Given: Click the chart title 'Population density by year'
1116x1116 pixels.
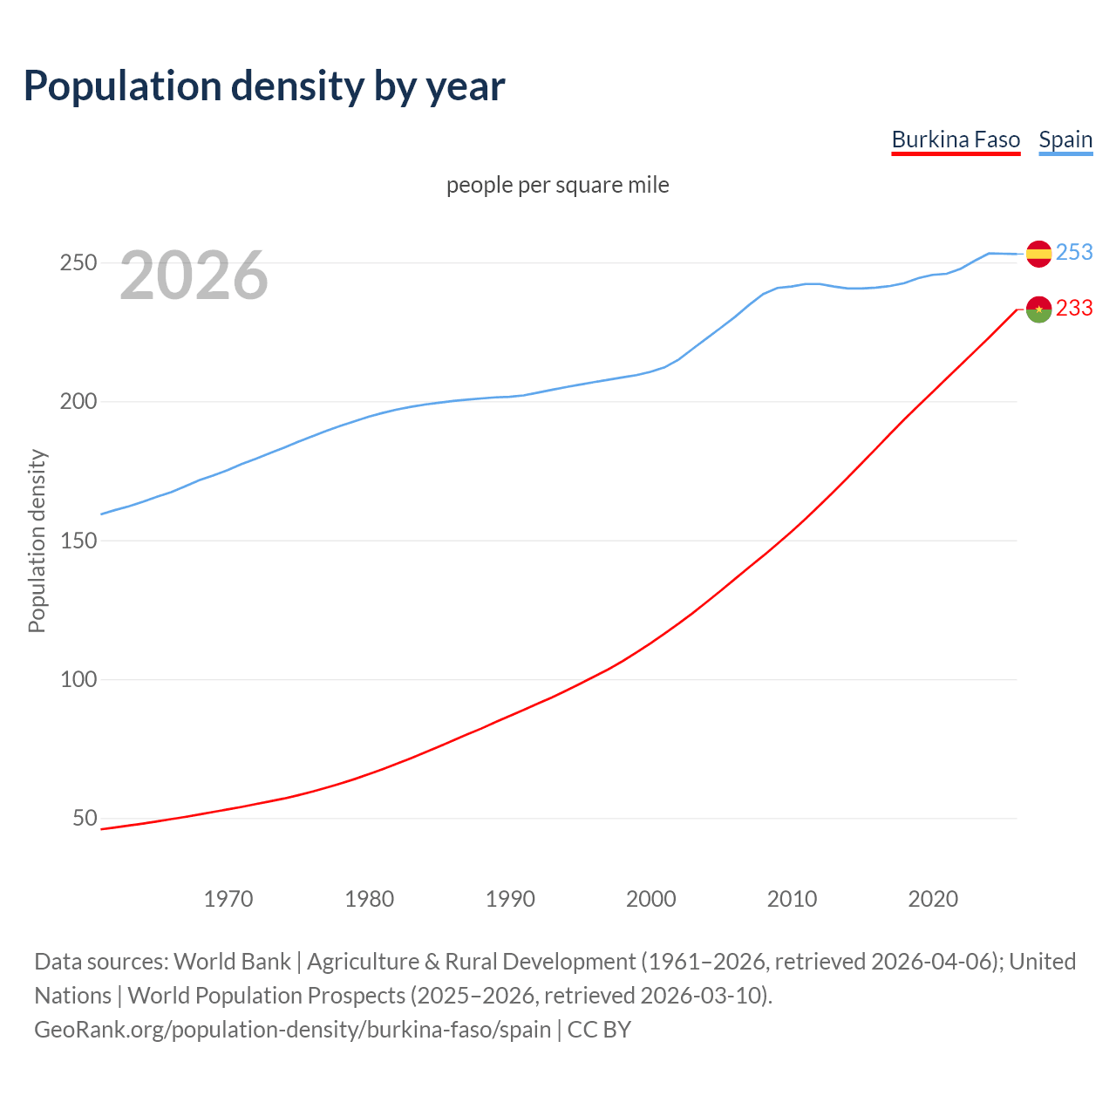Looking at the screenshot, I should click(x=264, y=85).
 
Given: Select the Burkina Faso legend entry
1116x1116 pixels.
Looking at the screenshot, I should click(x=956, y=139).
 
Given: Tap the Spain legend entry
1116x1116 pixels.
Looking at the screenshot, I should click(x=1065, y=139).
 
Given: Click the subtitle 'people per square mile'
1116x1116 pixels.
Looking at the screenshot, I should click(x=558, y=185).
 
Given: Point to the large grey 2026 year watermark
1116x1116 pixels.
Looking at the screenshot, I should click(x=194, y=276).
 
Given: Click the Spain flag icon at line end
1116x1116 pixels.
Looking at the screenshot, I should click(x=1038, y=254).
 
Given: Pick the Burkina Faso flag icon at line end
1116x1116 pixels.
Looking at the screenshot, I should click(x=1038, y=309).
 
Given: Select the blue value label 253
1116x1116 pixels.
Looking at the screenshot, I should click(x=1074, y=252).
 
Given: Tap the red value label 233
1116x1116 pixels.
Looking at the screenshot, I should click(x=1074, y=308).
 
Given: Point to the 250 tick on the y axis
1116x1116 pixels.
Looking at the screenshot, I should click(x=78, y=262).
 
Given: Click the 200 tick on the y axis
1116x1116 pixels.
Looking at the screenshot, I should click(x=78, y=402).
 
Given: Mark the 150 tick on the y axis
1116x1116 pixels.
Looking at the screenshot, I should click(x=78, y=541).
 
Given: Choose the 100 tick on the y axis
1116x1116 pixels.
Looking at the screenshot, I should click(x=78, y=679).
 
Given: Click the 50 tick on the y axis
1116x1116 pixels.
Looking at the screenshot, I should click(x=85, y=818).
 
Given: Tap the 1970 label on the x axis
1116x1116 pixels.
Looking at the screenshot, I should click(x=228, y=898).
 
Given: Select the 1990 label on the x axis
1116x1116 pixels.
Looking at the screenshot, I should click(x=510, y=898).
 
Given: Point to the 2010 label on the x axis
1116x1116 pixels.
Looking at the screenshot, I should click(x=792, y=898).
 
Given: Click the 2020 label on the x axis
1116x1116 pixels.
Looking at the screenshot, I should click(x=933, y=898).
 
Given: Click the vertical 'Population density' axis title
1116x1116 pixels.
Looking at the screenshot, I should click(x=37, y=541).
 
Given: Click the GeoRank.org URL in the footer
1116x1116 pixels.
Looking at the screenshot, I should click(x=292, y=1029).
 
